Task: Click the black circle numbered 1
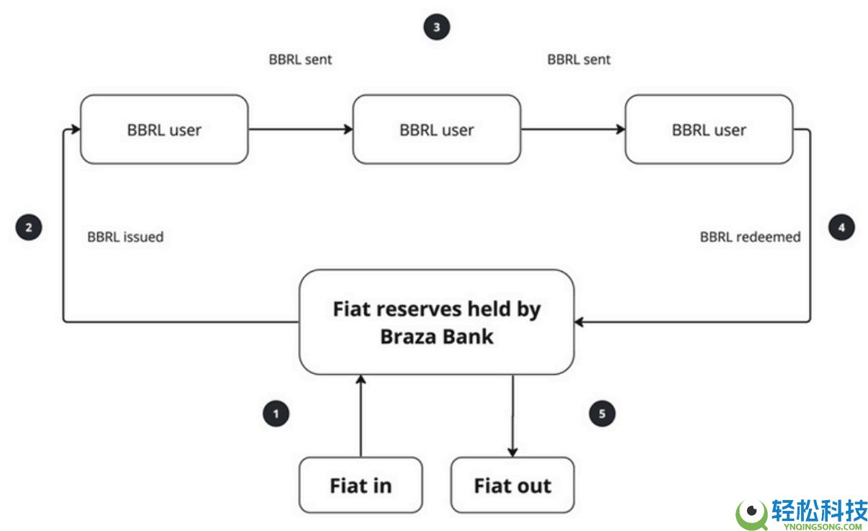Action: click(x=276, y=414)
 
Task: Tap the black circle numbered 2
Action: click(x=29, y=228)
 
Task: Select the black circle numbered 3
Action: click(x=436, y=27)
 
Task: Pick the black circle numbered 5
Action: click(x=602, y=414)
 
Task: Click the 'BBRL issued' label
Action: click(x=125, y=236)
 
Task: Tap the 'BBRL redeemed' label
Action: click(x=750, y=236)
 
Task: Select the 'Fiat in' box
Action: click(x=361, y=485)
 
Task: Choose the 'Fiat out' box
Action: click(x=512, y=485)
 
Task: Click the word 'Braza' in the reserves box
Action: click(x=408, y=336)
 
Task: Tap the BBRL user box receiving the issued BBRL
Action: click(x=164, y=130)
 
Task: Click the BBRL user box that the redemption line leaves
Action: click(x=709, y=130)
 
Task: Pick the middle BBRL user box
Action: click(x=436, y=130)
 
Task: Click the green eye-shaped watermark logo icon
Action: click(x=751, y=512)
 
